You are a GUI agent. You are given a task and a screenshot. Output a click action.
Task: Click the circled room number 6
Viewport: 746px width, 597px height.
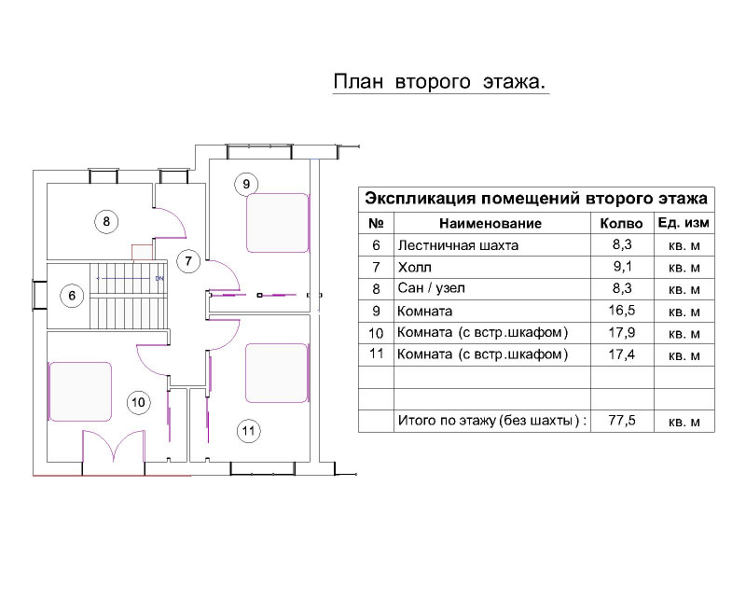point(72,296)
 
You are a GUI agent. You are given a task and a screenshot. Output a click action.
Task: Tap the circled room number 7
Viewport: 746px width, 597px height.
point(188,261)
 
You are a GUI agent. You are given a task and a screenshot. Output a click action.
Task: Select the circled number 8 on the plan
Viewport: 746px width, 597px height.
point(106,221)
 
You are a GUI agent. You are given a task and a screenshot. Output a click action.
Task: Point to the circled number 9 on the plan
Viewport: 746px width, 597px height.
point(246,185)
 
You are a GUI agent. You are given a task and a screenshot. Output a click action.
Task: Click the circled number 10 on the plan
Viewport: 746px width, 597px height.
point(138,403)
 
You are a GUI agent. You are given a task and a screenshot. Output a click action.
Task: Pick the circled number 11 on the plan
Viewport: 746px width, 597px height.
point(249,431)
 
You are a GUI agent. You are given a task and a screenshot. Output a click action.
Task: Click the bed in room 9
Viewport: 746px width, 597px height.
point(277,223)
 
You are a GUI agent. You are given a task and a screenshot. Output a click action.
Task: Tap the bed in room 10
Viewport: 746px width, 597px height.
point(80,392)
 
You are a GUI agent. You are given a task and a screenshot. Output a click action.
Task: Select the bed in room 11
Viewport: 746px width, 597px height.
point(276,373)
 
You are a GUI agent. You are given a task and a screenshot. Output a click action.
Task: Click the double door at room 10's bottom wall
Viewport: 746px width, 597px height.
point(114,446)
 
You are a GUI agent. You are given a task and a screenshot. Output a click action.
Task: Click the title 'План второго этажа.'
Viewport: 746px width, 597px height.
point(439,82)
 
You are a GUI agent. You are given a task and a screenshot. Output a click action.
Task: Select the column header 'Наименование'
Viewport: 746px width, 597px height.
point(490,223)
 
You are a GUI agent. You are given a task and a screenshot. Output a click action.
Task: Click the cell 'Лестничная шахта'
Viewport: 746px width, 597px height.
point(458,245)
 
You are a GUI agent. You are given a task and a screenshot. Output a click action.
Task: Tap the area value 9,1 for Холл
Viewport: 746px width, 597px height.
point(622,267)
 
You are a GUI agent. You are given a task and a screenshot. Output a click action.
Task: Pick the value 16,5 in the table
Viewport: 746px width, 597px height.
point(622,311)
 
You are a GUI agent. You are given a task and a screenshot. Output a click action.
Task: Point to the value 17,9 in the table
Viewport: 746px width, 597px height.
point(622,332)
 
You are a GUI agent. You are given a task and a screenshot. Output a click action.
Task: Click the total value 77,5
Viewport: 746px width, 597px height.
point(622,421)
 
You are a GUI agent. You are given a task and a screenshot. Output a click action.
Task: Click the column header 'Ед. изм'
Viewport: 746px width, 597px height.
point(684,223)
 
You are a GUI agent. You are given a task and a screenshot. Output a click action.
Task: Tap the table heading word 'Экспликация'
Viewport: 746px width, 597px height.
point(421,199)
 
